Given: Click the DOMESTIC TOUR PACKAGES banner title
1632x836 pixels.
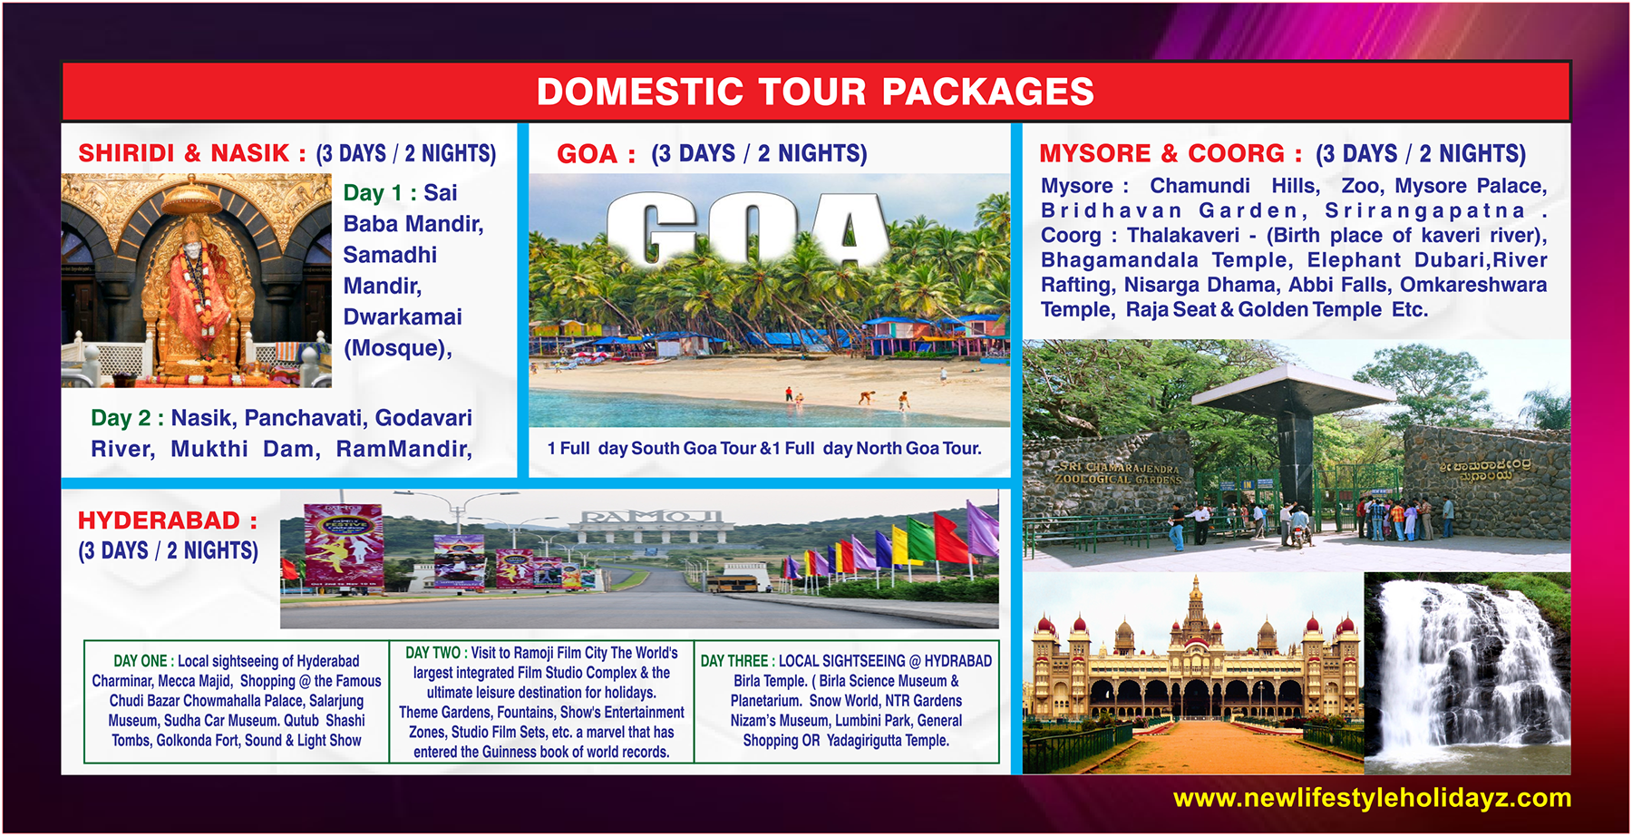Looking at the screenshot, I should pyautogui.click(x=815, y=92).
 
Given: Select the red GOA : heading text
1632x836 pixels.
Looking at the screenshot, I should pyautogui.click(x=595, y=154).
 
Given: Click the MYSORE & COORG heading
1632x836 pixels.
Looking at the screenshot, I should pyautogui.click(x=1170, y=153).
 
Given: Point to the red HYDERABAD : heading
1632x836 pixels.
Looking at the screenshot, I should pyautogui.click(x=167, y=520).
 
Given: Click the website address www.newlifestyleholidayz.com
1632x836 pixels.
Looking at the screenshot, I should pyautogui.click(x=1372, y=798).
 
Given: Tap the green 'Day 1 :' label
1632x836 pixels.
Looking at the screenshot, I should pyautogui.click(x=379, y=193).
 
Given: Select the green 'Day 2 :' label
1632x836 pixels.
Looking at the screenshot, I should pyautogui.click(x=126, y=418).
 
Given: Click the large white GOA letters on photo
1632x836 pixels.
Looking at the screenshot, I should pyautogui.click(x=747, y=230).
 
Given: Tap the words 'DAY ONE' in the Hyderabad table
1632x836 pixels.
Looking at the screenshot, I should pyautogui.click(x=141, y=661).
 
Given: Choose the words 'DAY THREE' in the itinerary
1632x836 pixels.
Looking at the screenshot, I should pyautogui.click(x=734, y=661).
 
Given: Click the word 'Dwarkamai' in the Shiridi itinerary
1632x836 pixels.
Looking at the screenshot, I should pyautogui.click(x=403, y=317).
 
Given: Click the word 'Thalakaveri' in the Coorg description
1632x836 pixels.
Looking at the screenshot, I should pyautogui.click(x=1182, y=236).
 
